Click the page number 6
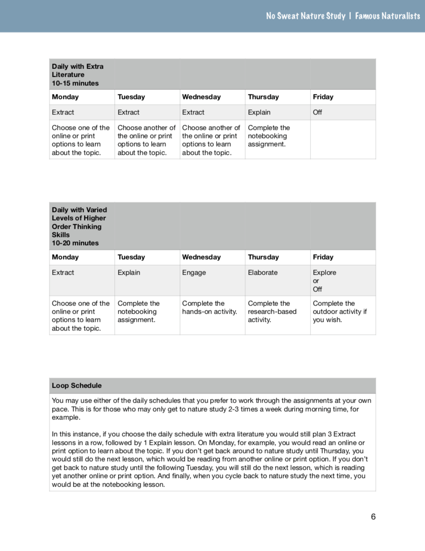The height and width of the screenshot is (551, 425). [x=373, y=517]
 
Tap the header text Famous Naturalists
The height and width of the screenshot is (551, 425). [x=387, y=16]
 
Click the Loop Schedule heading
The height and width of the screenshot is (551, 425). [x=77, y=385]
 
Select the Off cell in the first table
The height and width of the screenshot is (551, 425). [x=317, y=112]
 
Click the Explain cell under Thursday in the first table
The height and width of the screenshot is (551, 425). [x=259, y=112]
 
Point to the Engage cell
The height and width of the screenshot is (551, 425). [x=194, y=272]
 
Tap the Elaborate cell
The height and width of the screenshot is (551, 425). [x=262, y=272]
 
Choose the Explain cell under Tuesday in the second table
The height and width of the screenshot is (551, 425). [x=129, y=272]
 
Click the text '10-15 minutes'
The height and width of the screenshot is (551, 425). [x=75, y=83]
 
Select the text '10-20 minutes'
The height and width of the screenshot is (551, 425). [x=75, y=243]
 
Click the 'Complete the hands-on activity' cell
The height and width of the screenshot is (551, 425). [x=209, y=307]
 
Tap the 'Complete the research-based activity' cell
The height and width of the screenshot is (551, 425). [x=272, y=311]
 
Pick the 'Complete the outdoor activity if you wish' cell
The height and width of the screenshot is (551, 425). [x=340, y=311]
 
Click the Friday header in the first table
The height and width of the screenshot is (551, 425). [x=323, y=97]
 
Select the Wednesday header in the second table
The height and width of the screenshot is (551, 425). [x=201, y=257]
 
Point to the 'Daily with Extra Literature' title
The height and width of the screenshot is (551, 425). [x=77, y=70]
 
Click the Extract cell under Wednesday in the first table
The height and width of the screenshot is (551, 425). [x=193, y=112]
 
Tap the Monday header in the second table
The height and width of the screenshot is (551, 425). [x=65, y=257]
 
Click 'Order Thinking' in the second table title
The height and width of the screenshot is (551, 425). [x=77, y=226]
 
